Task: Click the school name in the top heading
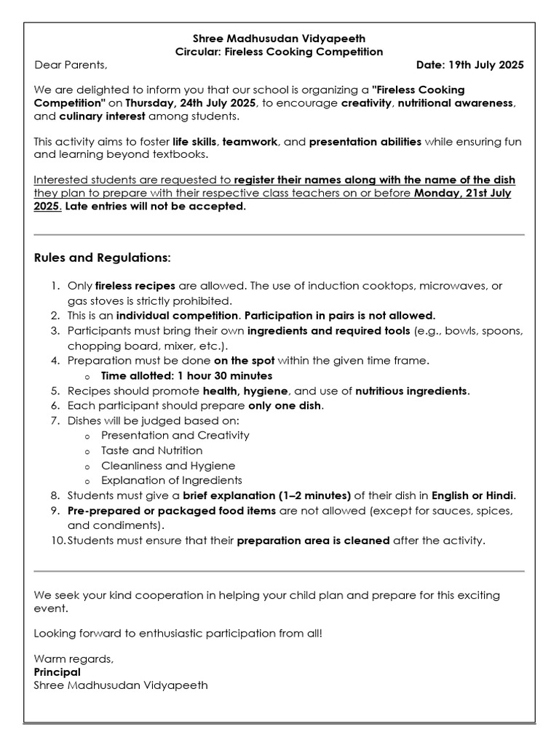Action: tap(279, 39)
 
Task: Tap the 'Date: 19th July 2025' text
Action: tap(469, 65)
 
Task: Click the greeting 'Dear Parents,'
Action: tap(71, 65)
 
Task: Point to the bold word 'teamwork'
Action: tap(250, 142)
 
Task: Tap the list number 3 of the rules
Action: tap(55, 331)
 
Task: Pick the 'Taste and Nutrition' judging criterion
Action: tap(152, 450)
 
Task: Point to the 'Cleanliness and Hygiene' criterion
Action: tap(168, 466)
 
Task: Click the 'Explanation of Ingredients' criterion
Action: tap(172, 480)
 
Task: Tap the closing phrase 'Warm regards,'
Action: tap(74, 659)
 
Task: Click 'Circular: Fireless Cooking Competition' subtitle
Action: tap(279, 52)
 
